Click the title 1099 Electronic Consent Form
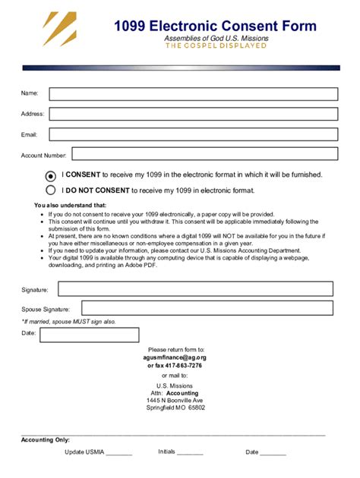click(215, 27)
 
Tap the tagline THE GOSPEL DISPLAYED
click(216, 46)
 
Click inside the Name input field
click(193, 94)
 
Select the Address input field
click(193, 114)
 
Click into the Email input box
click(193, 134)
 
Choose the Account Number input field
click(204, 154)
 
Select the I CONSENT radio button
click(51, 175)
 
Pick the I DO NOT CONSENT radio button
click(51, 190)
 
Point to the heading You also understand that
click(71, 206)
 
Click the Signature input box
click(195, 289)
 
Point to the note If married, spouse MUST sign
click(68, 322)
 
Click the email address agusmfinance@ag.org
click(175, 357)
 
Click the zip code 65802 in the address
click(197, 407)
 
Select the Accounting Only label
click(46, 440)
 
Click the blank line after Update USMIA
click(119, 454)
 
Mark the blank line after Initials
click(190, 454)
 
